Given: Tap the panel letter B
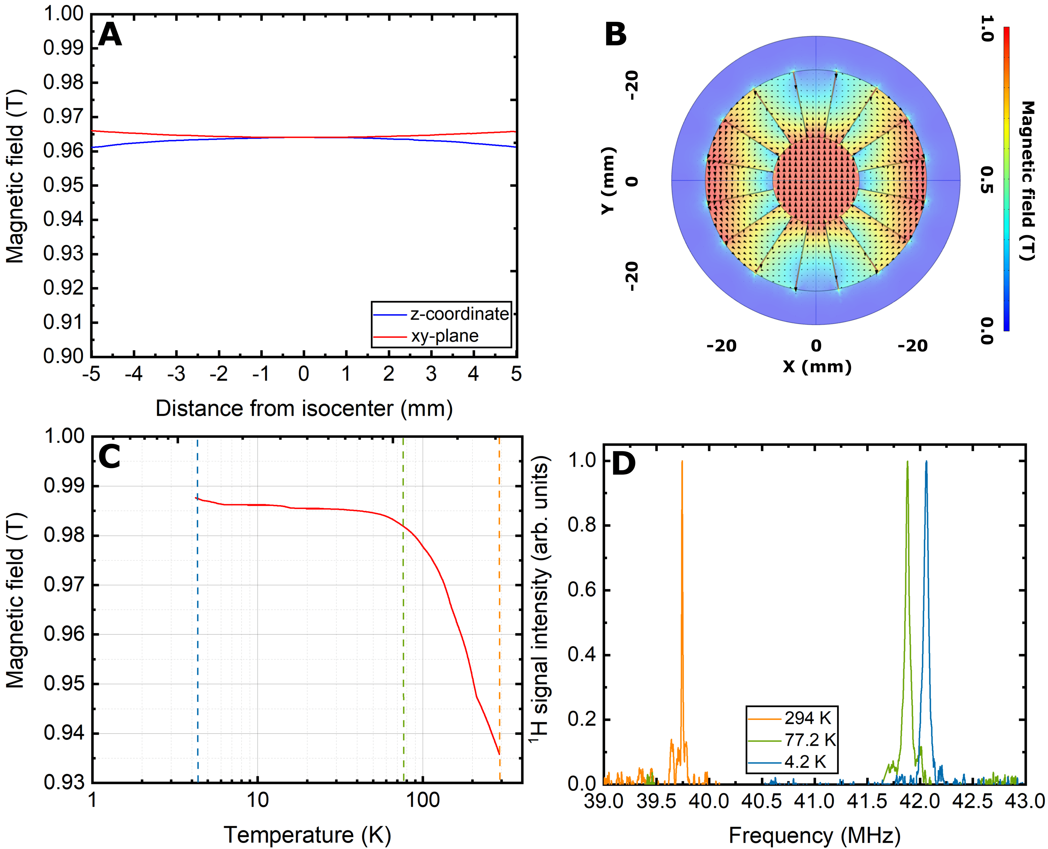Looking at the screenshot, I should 615,35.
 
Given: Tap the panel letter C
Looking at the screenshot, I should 109,457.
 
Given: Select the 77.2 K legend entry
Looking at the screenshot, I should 809,740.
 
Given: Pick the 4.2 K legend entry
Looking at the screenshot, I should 804,762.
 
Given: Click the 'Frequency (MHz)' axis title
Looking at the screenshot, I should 814,835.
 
